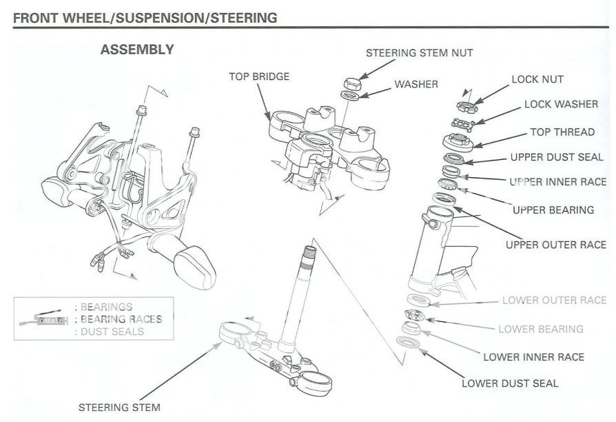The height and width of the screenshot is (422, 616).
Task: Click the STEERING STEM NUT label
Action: click(x=419, y=52)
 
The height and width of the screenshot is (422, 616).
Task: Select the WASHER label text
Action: click(x=415, y=85)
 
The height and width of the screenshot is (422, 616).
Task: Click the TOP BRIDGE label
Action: click(x=259, y=77)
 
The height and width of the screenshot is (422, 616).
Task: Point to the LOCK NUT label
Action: click(x=537, y=79)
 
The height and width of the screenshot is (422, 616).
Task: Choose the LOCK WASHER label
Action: click(x=561, y=105)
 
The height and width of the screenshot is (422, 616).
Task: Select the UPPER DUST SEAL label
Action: click(x=556, y=157)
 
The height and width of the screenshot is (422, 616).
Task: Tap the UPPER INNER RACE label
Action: click(x=556, y=183)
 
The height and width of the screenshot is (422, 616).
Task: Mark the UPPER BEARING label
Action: click(x=553, y=210)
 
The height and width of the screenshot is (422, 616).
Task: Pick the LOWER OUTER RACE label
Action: click(x=554, y=301)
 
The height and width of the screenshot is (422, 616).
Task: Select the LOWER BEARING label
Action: click(x=540, y=329)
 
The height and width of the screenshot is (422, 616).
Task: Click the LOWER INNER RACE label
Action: click(x=533, y=356)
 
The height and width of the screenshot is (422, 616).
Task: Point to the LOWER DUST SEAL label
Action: click(x=509, y=383)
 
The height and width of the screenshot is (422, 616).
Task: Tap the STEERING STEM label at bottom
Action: click(x=119, y=408)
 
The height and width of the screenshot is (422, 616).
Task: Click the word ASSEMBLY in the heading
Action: click(x=136, y=50)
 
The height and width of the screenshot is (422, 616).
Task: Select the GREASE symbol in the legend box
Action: click(x=50, y=319)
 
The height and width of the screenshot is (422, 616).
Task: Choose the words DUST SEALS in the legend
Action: click(x=112, y=332)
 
